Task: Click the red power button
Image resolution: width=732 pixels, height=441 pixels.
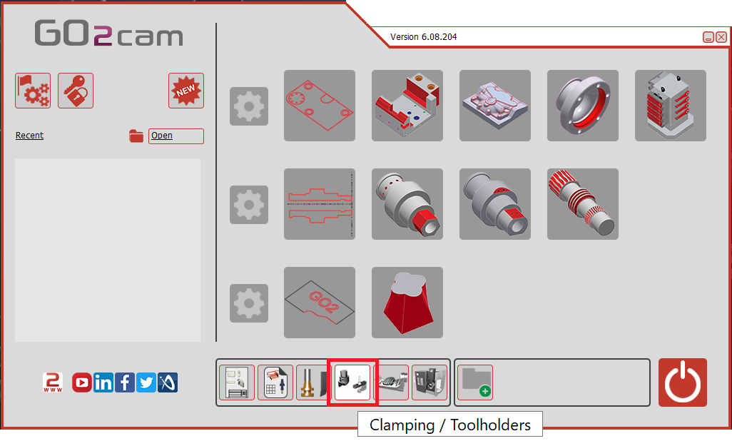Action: coord(683,382)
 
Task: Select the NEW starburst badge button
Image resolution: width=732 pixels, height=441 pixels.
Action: coord(186,91)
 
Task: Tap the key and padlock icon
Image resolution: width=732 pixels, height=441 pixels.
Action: coord(76,91)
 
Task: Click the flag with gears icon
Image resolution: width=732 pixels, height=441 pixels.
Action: coord(33,91)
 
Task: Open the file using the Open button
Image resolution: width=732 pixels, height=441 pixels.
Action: coord(176,136)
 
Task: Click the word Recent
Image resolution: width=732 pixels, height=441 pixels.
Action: coord(29,136)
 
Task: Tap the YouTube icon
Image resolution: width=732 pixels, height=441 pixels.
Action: coord(82,382)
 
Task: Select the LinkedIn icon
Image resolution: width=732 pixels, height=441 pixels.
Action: coord(103,382)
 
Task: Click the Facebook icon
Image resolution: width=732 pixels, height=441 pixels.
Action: coord(125,382)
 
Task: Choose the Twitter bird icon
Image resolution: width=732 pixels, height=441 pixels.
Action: coord(146,382)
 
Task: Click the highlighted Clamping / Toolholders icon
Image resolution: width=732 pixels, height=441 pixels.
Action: coord(352,382)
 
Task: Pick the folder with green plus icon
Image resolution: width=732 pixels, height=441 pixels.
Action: coord(475,382)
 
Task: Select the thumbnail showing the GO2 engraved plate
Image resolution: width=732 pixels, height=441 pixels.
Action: coord(320,303)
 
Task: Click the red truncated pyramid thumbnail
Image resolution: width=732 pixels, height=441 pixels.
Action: coord(407,303)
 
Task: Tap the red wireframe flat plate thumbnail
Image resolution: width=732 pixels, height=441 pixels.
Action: coord(320,106)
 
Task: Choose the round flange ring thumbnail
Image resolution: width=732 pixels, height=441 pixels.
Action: coord(583,106)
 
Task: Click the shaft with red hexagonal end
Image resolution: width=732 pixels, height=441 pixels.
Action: coord(407,204)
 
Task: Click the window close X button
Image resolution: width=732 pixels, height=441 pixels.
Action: coord(721,37)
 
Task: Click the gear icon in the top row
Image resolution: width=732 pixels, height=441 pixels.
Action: coord(249,106)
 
